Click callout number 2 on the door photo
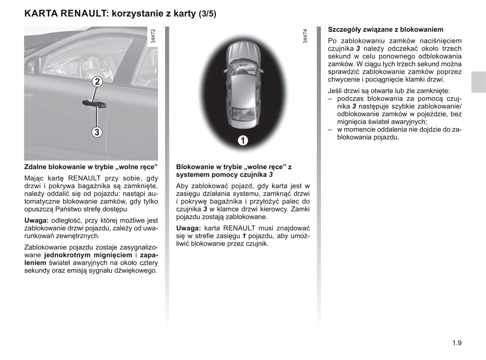[97, 82]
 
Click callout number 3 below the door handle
[97, 132]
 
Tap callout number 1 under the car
[242, 140]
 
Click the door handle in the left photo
[95, 104]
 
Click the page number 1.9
[457, 343]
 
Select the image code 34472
[153, 36]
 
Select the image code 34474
[305, 36]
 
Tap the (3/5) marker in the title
[208, 14]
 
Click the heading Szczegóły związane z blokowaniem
[385, 30]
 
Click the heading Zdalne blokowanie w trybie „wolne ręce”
[91, 167]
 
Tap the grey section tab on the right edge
[478, 82]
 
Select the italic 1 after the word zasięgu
[244, 236]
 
